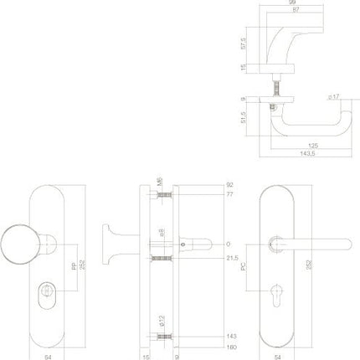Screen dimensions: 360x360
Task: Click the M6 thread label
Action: pos(159,183)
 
